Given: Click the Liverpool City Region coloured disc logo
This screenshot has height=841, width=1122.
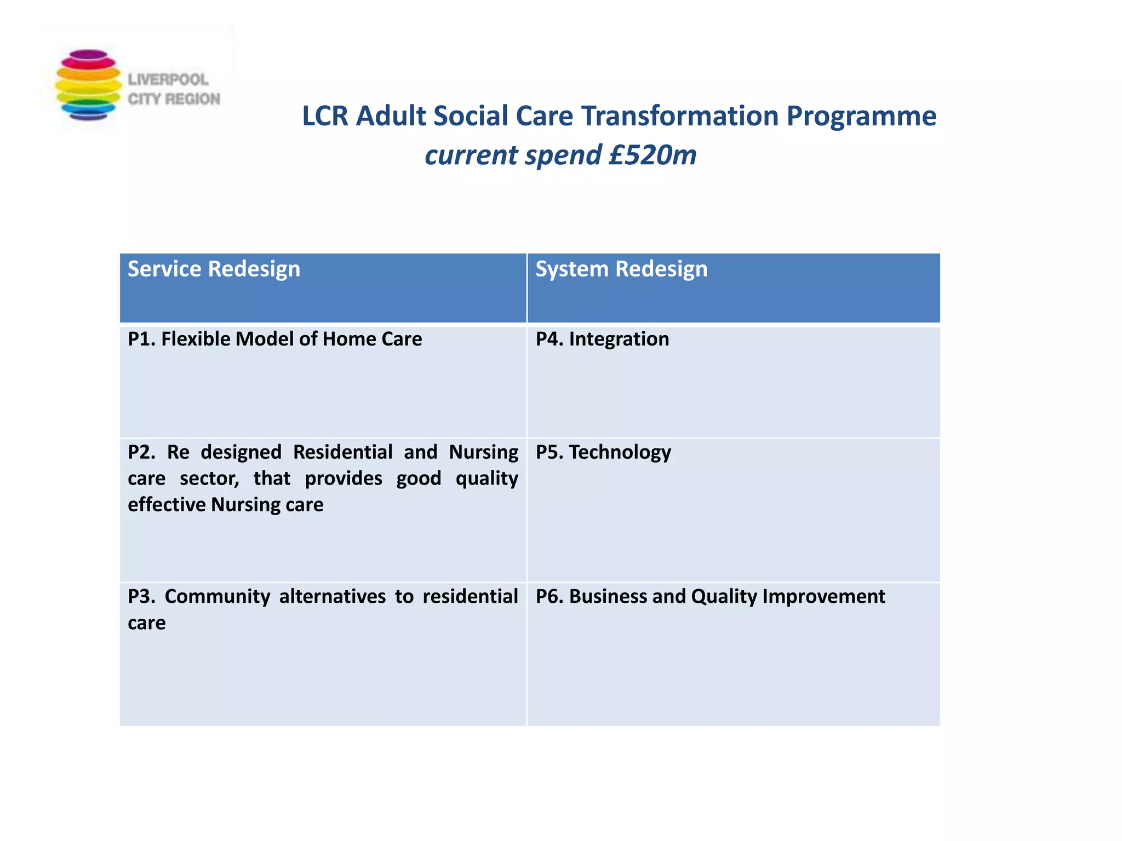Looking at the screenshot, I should coord(88,85).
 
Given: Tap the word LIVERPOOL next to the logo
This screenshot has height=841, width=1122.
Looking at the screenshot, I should coord(168,80).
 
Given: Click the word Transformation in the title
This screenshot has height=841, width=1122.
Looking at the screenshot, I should coord(679,116).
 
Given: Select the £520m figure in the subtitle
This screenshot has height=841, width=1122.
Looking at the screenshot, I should coord(652,155).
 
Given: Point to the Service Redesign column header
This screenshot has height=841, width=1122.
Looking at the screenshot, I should coord(214,269).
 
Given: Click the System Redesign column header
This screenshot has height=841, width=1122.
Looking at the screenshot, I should coord(621,269).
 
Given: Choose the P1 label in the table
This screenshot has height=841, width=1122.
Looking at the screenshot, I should coord(141,339).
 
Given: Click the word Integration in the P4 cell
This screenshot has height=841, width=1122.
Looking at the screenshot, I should coord(619,339).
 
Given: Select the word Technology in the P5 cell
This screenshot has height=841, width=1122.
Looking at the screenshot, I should coord(620,452).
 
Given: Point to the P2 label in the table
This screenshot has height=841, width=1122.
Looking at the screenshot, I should coord(141,452).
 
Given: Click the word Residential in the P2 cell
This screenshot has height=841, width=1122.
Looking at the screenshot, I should coord(342,452).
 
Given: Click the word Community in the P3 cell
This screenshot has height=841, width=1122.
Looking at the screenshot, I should coord(217,596).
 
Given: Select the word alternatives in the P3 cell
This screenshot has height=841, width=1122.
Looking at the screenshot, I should coord(332,596).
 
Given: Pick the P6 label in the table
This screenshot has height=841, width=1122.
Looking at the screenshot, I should coord(549,596).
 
